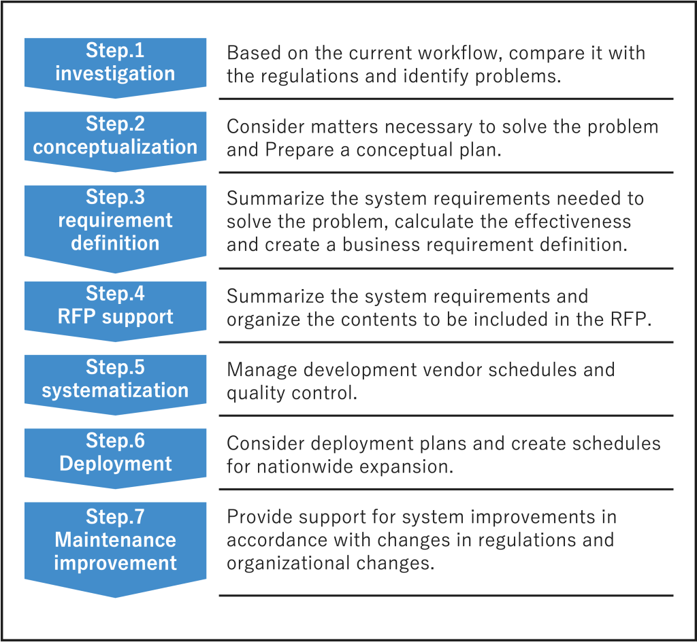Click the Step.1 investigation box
115,67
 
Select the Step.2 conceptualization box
115,140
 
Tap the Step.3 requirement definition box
115,227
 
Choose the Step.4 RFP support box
115,310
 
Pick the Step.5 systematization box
115,384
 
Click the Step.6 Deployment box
115,457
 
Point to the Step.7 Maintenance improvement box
115,549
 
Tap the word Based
254,53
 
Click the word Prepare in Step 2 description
299,150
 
